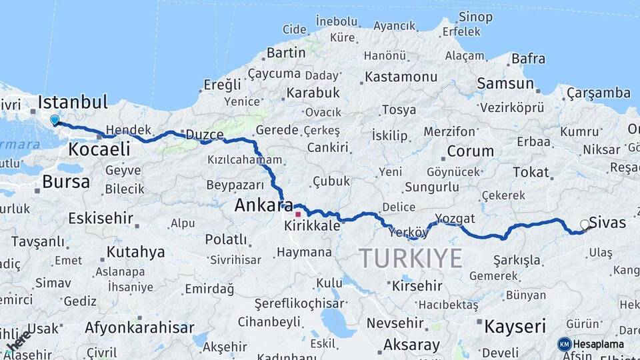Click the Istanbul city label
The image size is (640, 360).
pos(73,103)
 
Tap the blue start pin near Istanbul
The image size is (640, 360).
pos(55,120)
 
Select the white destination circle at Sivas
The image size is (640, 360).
pos(585,225)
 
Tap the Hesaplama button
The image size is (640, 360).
pos(591,344)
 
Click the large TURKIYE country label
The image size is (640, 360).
pos(411,258)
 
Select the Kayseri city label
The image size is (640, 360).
pos(515,327)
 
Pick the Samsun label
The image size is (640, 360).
pos(505,84)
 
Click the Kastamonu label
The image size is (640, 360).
pos(401,77)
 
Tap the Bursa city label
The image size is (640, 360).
pos(66,181)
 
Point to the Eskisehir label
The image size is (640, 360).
pos(101,218)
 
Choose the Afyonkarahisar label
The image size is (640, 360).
pos(139,327)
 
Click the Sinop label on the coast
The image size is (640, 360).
pos(477,17)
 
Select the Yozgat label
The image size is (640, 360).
pos(455,218)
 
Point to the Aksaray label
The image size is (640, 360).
pos(411,345)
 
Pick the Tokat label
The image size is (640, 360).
pos(531,172)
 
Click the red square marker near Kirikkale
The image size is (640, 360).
pos(298,214)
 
